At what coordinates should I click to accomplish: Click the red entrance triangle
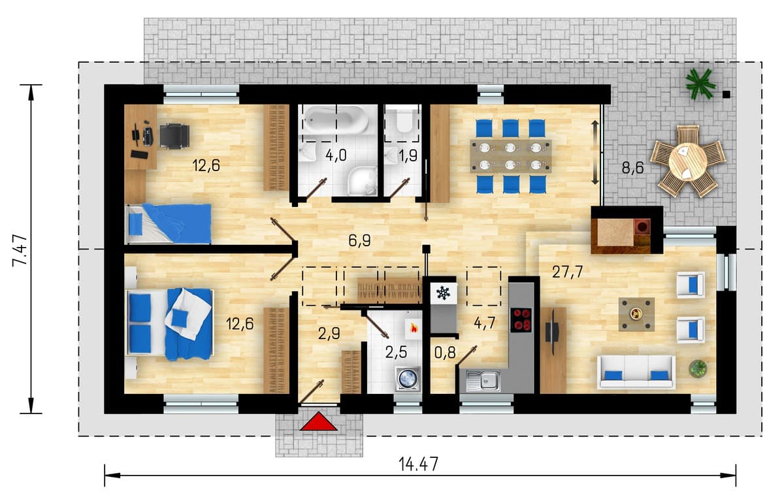(319, 421)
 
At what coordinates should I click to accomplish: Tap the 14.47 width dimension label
(418, 464)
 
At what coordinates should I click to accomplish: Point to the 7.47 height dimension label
(20, 251)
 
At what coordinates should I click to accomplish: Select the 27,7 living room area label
(567, 272)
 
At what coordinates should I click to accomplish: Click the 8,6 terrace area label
(633, 168)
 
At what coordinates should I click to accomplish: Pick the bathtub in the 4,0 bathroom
(336, 120)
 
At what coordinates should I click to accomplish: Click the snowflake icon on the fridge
(443, 293)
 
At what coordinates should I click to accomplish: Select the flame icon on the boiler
(414, 329)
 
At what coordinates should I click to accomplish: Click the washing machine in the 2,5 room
(408, 378)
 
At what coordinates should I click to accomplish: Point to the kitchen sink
(483, 381)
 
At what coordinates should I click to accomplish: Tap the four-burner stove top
(521, 320)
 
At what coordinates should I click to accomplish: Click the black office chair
(174, 137)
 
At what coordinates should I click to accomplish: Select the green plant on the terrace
(700, 84)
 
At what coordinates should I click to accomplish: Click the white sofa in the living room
(636, 372)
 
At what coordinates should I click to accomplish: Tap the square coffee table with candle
(636, 314)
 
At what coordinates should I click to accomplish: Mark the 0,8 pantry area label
(445, 353)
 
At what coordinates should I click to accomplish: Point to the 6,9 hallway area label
(359, 241)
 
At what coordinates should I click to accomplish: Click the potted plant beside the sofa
(698, 368)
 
